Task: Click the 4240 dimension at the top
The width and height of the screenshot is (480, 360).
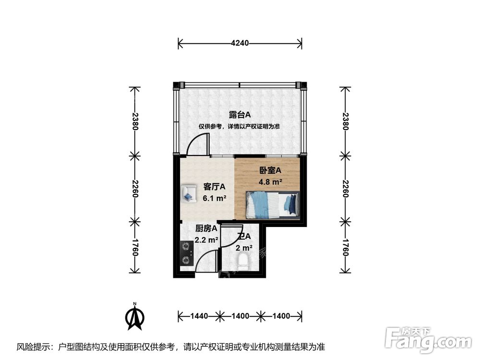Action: point(240,43)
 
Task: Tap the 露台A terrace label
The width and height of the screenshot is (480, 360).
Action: point(240,115)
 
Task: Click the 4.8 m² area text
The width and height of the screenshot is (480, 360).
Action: point(270,182)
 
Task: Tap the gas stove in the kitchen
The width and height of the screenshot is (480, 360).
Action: point(186,254)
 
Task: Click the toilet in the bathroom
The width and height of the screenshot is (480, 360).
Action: point(243,262)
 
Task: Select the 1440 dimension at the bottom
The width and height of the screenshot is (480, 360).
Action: point(199,316)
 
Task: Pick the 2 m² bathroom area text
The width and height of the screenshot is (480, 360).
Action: point(244,248)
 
